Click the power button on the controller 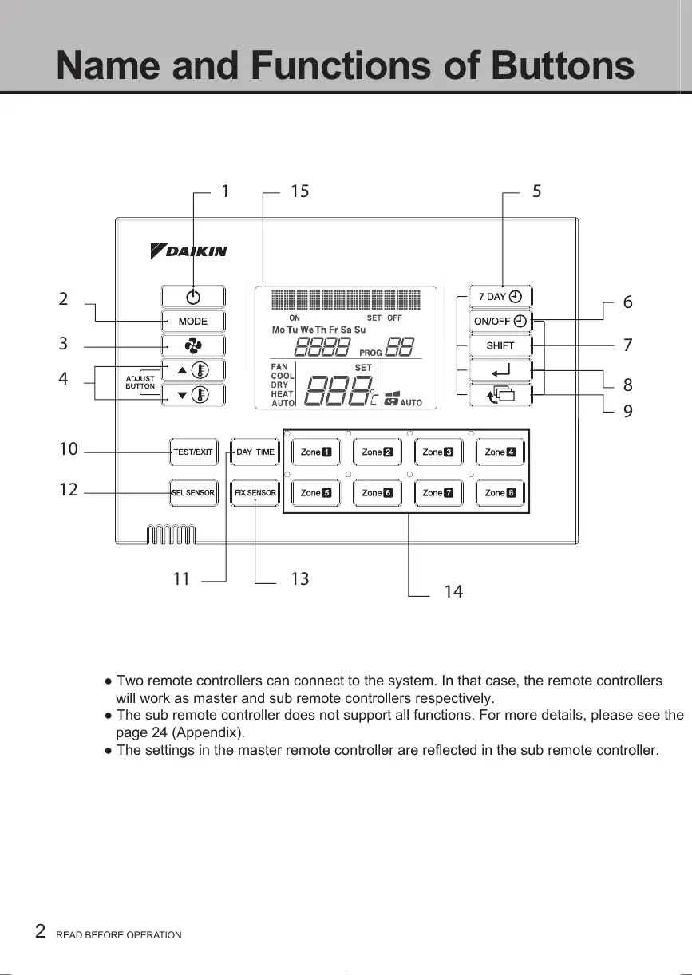click(192, 297)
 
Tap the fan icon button click(192, 345)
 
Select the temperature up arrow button click(192, 370)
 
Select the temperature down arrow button click(192, 395)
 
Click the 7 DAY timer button click(500, 297)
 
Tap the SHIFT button click(500, 345)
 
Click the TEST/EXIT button click(192, 452)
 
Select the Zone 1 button click(315, 452)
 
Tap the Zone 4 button click(500, 452)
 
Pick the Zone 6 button click(377, 493)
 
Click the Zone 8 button click(500, 493)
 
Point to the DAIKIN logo click(189, 251)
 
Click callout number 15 click(299, 191)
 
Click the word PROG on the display click(371, 352)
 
